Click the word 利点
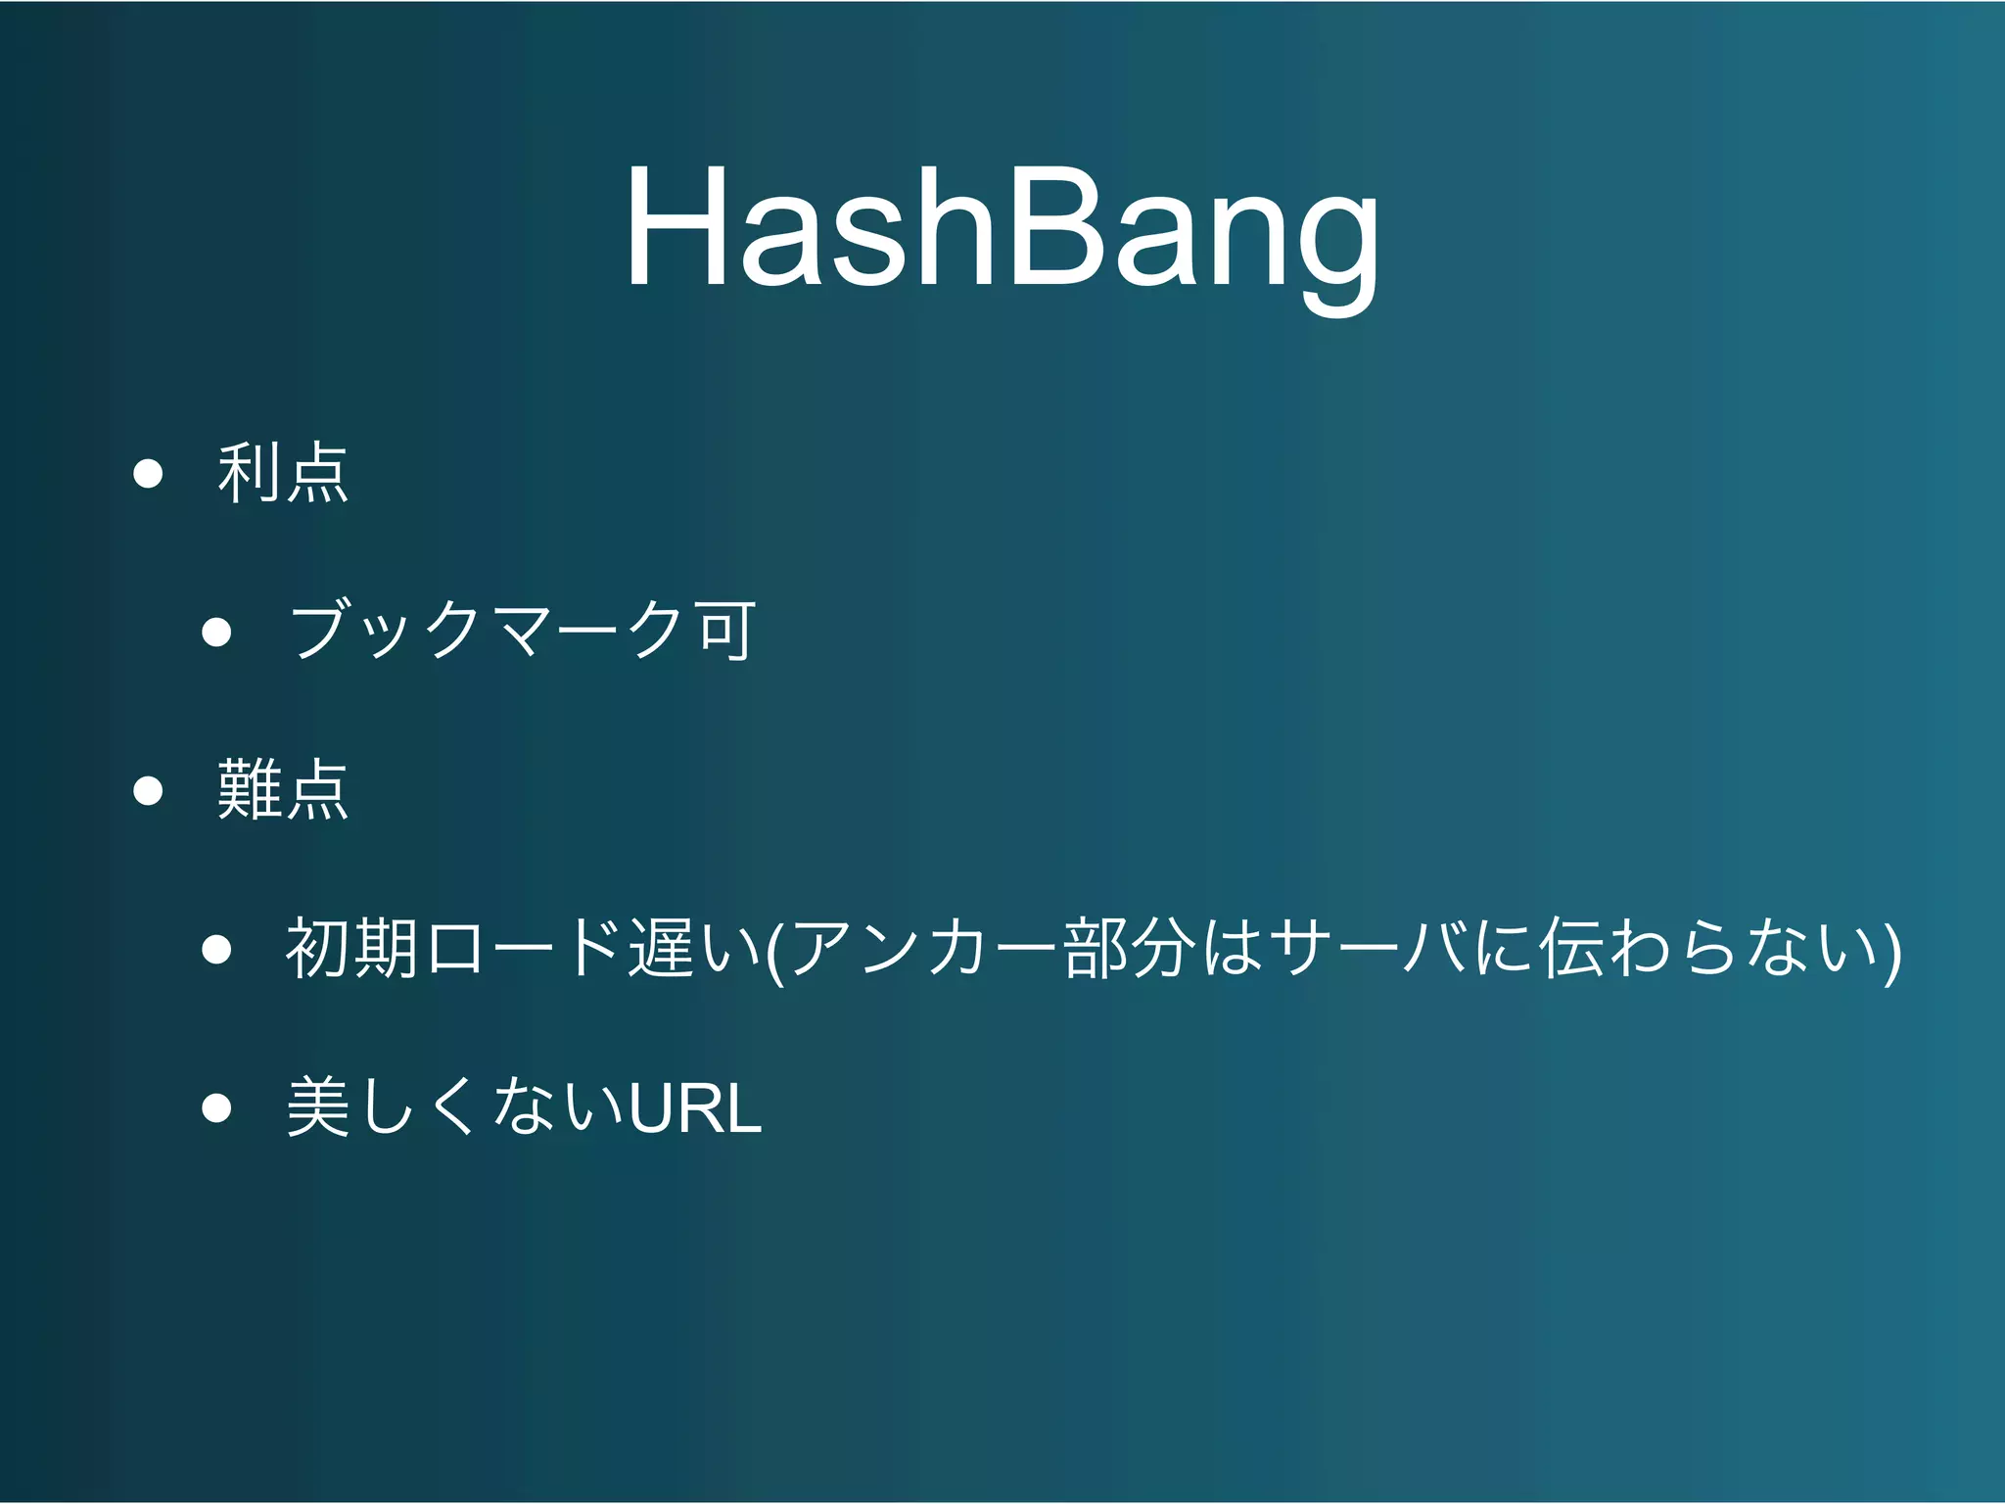[x=283, y=473]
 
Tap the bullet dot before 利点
[x=148, y=474]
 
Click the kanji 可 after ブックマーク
[x=725, y=631]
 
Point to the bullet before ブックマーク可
[x=216, y=633]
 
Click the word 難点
[x=283, y=789]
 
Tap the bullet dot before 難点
[x=148, y=790]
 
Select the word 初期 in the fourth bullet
[x=353, y=948]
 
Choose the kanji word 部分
[x=1130, y=948]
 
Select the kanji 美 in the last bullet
[x=318, y=1106]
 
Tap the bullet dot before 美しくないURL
[x=216, y=1107]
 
